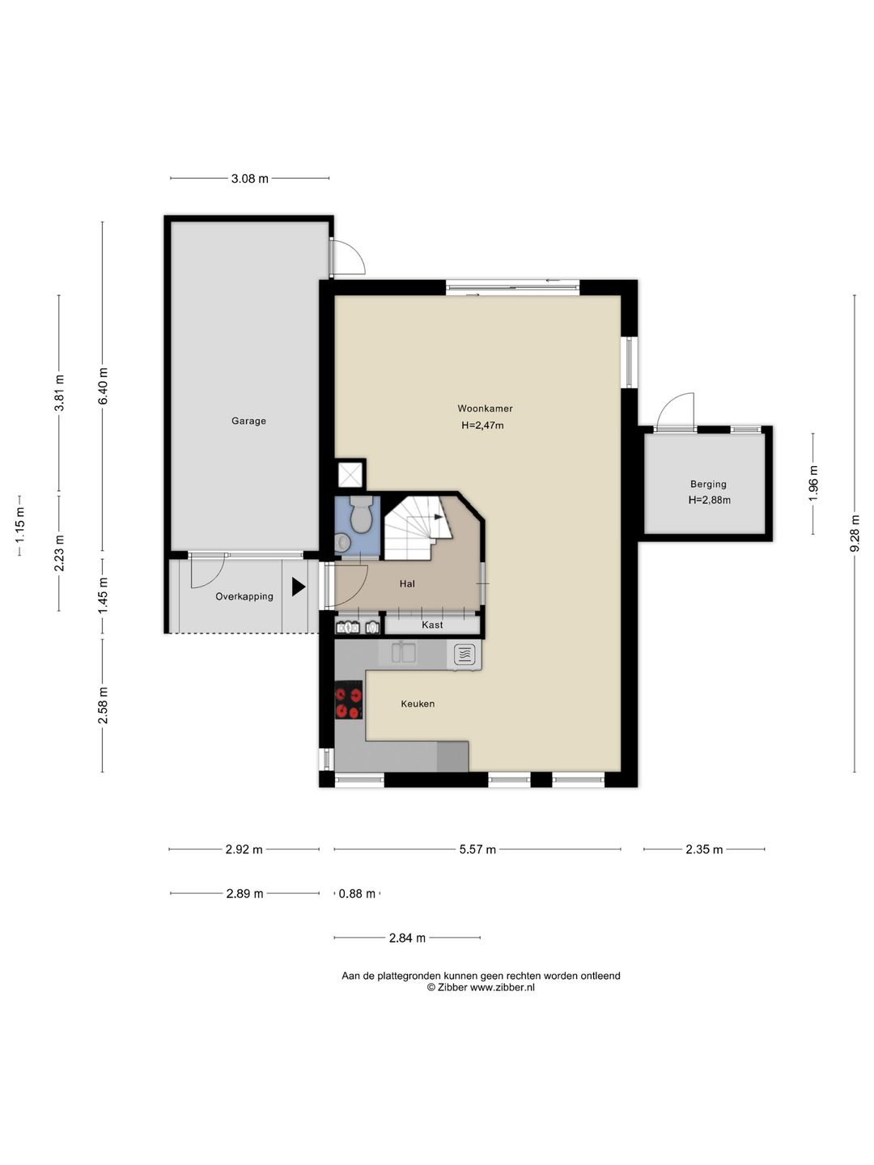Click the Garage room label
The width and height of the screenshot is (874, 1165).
point(248,421)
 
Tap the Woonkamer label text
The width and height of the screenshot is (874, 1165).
point(485,409)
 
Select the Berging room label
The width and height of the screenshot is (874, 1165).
point(708,484)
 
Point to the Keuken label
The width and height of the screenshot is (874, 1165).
point(418,704)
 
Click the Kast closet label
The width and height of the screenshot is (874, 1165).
point(432,625)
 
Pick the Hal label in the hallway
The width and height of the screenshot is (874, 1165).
point(407,584)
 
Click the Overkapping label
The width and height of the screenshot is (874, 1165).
point(244,596)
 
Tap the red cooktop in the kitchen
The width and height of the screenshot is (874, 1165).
point(349,700)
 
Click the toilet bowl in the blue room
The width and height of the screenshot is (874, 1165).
point(363,515)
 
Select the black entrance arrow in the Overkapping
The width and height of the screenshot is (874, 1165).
point(299,587)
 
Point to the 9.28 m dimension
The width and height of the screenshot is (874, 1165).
point(855,533)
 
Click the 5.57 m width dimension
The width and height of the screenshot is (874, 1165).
point(477,849)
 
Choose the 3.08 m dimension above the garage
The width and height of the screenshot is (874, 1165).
point(249,179)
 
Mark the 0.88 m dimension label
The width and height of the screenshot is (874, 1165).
point(357,894)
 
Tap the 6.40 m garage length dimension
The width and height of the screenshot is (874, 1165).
point(103,386)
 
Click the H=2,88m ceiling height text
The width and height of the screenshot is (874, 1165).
point(710,500)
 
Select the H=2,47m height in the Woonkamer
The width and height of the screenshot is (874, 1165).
point(482,425)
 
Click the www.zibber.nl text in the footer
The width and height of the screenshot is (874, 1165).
point(503,988)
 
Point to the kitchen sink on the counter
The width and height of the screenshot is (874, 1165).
point(404,652)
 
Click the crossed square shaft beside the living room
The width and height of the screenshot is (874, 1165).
point(351,474)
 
